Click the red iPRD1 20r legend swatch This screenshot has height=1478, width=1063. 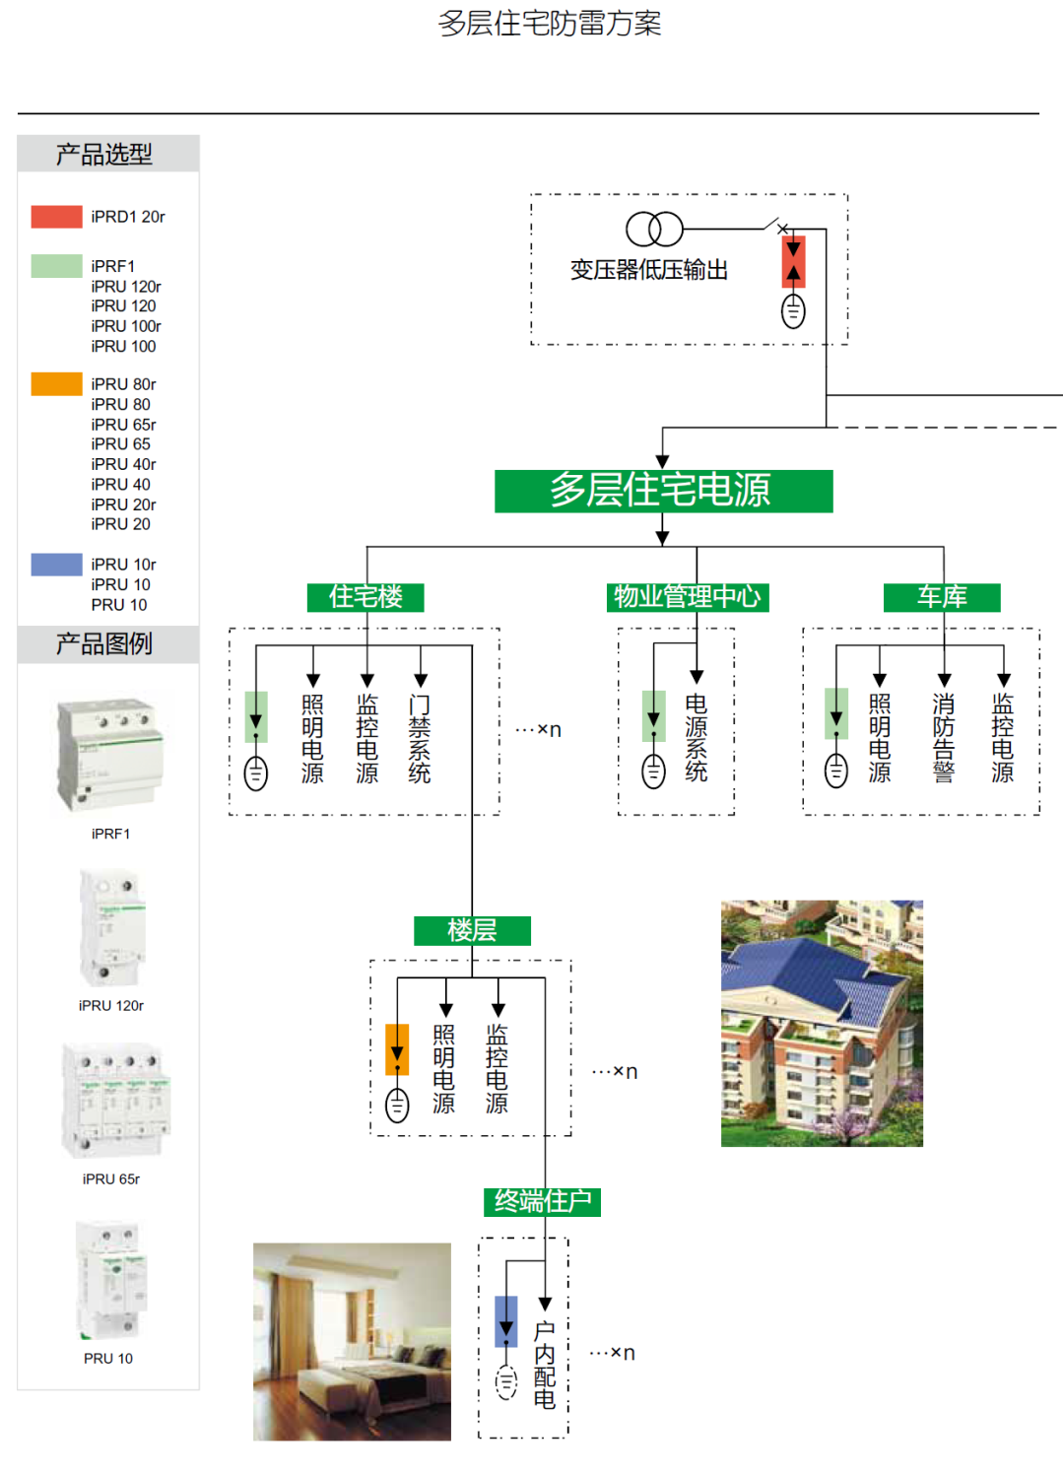56,217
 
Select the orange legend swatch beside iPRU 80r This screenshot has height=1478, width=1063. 56,384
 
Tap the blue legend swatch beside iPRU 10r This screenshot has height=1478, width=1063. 56,565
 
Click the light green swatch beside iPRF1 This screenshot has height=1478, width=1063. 56,266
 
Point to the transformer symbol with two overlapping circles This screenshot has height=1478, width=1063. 654,230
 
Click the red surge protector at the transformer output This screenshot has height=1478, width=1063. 793,261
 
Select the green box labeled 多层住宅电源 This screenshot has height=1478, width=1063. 663,491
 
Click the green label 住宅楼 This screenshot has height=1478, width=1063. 365,597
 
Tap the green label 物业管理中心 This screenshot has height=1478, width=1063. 688,597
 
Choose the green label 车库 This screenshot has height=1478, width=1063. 942,597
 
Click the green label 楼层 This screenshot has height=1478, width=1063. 472,930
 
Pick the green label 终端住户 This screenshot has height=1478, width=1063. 543,1202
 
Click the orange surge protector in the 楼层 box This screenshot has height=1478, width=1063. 397,1049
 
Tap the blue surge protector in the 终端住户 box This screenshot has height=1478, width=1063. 506,1321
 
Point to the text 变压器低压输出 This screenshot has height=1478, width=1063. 648,270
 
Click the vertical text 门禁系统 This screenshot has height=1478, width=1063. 421,739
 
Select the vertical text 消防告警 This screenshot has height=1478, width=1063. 944,739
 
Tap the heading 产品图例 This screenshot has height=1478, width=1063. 104,644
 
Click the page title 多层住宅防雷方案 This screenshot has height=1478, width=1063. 550,24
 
